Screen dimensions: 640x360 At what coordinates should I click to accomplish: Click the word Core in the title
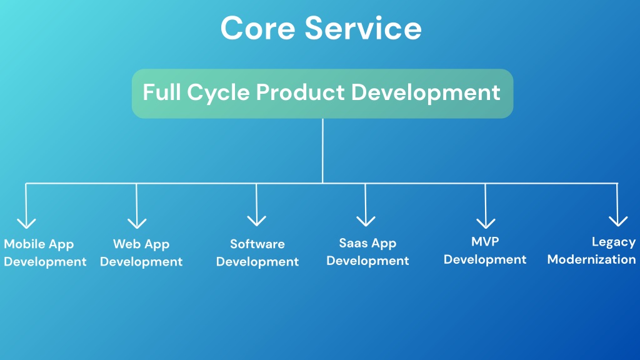[257, 28]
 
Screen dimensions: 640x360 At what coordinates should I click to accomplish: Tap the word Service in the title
[363, 28]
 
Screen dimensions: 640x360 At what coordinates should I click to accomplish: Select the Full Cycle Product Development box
[322, 94]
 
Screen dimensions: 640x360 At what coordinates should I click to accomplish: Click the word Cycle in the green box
[218, 92]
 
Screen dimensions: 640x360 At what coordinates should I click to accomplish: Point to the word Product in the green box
[301, 92]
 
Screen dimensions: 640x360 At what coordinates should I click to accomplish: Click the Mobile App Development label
[45, 252]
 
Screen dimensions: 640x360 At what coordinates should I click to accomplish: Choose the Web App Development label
[141, 252]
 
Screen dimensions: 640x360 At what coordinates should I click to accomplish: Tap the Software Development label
[257, 252]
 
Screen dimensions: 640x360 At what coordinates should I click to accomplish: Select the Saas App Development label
[367, 252]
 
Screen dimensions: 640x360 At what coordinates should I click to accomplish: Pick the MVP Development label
[485, 251]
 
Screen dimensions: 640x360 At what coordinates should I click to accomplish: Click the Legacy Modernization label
[591, 251]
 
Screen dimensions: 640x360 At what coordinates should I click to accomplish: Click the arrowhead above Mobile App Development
[26, 223]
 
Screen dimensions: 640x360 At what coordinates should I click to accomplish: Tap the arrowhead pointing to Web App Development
[137, 223]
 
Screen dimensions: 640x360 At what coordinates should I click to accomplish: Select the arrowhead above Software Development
[257, 221]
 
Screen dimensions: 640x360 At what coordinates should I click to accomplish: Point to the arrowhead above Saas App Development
[366, 221]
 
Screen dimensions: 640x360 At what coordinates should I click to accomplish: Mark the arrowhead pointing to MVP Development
[486, 223]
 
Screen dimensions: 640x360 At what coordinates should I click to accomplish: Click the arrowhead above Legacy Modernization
[618, 221]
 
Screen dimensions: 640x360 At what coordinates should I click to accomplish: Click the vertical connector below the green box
[322, 151]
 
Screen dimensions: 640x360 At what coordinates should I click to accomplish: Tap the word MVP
[485, 242]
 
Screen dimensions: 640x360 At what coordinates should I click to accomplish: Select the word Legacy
[614, 242]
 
